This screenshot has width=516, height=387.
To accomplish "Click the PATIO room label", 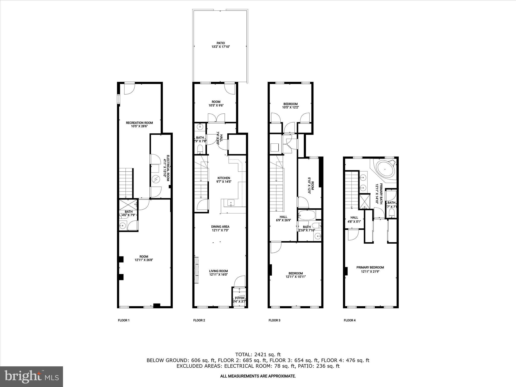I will click(x=220, y=43).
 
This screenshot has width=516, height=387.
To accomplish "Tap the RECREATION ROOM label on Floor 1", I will click(x=139, y=123).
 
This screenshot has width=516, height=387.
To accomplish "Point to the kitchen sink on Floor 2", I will click(x=231, y=202).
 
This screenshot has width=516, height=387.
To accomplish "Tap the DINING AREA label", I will click(x=220, y=227).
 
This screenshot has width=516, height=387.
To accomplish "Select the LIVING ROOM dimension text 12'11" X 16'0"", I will click(x=218, y=275).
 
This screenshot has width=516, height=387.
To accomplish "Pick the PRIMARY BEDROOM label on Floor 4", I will click(x=370, y=267).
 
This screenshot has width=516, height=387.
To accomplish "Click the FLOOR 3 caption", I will click(x=274, y=320).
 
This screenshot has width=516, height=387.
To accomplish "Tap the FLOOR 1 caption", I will click(x=123, y=320).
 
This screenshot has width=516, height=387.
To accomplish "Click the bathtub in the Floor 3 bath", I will click(x=306, y=215).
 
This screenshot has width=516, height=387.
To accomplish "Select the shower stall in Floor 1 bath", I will click(x=128, y=204).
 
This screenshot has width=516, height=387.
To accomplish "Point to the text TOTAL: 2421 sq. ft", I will click(x=258, y=354).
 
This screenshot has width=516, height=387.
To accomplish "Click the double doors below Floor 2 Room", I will click(x=216, y=118).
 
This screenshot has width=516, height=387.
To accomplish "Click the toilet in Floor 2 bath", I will click(x=200, y=149).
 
